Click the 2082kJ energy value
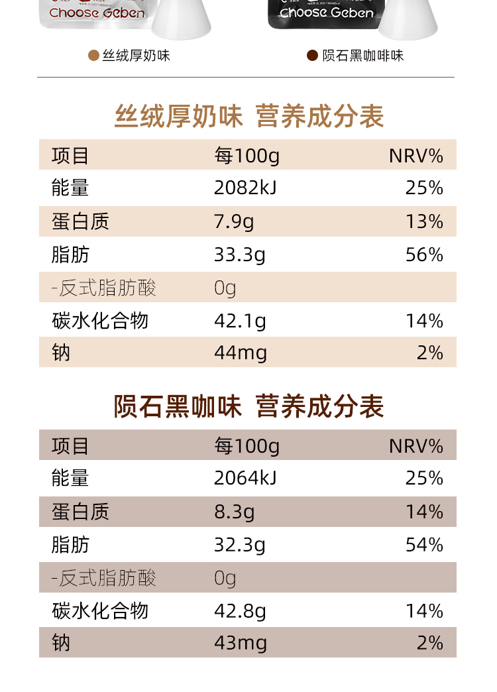point(245,188)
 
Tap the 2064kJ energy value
point(245,478)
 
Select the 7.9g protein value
point(233,221)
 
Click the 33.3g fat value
point(239,255)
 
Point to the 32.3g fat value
point(239,545)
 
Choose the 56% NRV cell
point(424,255)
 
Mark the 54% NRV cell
point(424,545)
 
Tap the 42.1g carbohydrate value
point(240,321)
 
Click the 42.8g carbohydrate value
point(240,611)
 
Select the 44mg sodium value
point(241,353)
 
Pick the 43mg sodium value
point(241,643)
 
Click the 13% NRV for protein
point(424,221)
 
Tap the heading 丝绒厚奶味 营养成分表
point(249,117)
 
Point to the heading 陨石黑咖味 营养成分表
point(249,406)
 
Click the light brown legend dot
point(93,55)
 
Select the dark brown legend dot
point(312,55)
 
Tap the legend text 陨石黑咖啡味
point(362,56)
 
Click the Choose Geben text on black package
point(326,13)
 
